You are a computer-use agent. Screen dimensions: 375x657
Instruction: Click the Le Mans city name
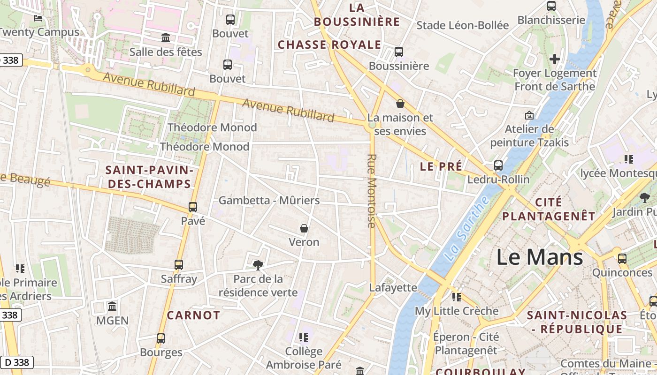tap(540, 257)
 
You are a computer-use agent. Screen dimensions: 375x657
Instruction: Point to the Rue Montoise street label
tap(372, 191)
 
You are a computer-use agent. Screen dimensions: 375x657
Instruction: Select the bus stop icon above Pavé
tap(192, 207)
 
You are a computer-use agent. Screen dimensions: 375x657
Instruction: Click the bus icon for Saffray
tap(178, 265)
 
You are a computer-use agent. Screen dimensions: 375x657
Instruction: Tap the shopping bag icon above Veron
tap(304, 228)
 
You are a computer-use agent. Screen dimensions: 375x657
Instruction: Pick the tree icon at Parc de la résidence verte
tap(258, 265)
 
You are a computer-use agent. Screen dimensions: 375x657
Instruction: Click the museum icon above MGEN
tap(112, 307)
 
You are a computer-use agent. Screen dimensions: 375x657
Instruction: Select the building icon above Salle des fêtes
tap(166, 38)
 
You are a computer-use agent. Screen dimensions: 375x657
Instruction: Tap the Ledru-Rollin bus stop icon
tap(498, 165)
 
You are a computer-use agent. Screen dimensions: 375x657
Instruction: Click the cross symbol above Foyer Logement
tap(555, 59)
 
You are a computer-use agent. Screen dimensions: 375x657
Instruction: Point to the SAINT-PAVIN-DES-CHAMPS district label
tap(150, 177)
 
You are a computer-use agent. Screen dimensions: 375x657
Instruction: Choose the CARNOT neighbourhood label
tap(193, 315)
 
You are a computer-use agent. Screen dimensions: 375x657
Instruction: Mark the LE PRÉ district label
tap(441, 166)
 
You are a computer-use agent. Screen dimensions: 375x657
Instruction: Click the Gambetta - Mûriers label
tap(269, 201)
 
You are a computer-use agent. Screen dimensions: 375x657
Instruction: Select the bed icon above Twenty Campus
tap(38, 18)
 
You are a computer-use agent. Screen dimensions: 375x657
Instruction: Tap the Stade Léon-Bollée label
tap(462, 25)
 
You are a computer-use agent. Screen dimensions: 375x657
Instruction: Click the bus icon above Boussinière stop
tap(399, 52)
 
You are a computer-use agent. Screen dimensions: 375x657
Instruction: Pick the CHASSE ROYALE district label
tap(329, 45)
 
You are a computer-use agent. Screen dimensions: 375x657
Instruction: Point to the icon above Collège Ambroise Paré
tap(304, 337)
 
